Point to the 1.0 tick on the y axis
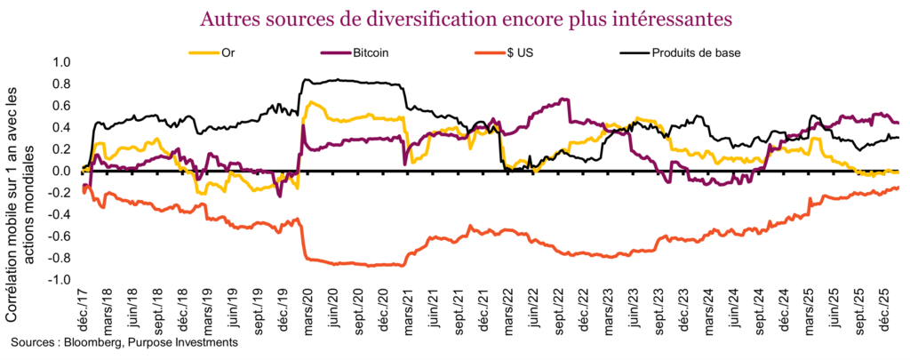pyautogui.click(x=61, y=63)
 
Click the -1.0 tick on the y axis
pyautogui.click(x=59, y=280)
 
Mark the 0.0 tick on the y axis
pyautogui.click(x=61, y=172)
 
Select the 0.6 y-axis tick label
pyautogui.click(x=61, y=107)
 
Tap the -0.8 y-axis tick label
pyautogui.click(x=59, y=259)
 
